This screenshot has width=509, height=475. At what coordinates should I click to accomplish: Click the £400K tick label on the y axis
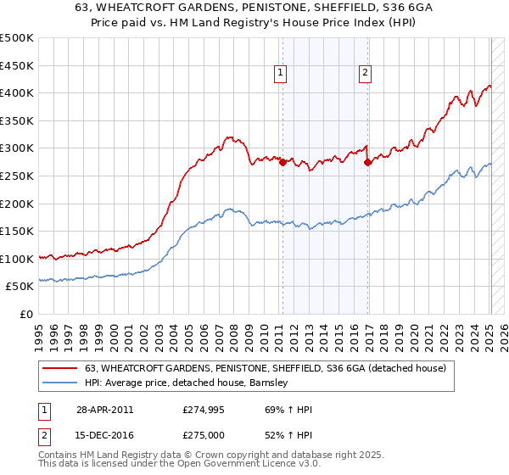[x=17, y=92]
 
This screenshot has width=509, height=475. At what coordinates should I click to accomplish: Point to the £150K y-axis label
[x=17, y=231]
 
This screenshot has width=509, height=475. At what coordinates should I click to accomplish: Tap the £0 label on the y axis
[x=25, y=314]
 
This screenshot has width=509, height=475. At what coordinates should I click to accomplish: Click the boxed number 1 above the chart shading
[x=281, y=74]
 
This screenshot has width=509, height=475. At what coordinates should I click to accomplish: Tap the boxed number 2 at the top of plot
[x=365, y=74]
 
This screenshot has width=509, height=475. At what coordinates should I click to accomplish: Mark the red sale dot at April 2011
[x=282, y=162]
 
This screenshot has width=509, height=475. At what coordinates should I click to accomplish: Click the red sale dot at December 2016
[x=367, y=162]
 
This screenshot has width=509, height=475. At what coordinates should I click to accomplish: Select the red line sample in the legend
[x=62, y=368]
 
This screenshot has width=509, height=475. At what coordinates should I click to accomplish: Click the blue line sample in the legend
[x=62, y=383]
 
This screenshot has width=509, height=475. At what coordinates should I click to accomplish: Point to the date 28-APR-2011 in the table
[x=104, y=410]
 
